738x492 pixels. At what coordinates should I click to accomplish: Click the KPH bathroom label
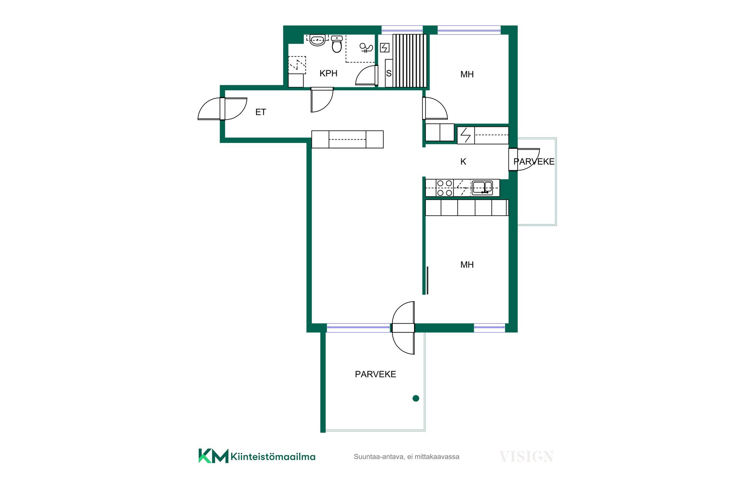(x=328, y=73)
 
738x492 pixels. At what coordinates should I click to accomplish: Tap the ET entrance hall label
(x=261, y=112)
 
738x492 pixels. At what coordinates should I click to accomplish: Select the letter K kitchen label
(x=463, y=162)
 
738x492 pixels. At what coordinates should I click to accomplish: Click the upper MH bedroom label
(x=467, y=75)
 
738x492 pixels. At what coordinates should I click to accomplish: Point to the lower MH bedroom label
(x=467, y=265)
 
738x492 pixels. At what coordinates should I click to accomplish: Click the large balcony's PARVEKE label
(x=376, y=374)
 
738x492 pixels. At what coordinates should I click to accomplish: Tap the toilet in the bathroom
(x=337, y=44)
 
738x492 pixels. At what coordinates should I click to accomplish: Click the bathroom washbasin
(x=317, y=40)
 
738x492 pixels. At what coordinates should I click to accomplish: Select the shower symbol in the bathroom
(x=366, y=48)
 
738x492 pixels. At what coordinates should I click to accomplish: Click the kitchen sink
(x=482, y=188)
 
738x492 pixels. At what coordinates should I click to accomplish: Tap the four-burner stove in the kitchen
(x=445, y=188)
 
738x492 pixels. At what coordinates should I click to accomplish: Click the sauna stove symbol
(x=385, y=48)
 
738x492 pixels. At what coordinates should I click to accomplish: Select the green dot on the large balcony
(x=416, y=398)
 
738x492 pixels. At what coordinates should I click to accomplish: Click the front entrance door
(x=222, y=109)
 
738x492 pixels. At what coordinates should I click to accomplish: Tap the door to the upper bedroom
(x=435, y=108)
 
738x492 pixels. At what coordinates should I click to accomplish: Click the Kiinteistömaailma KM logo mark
(x=213, y=456)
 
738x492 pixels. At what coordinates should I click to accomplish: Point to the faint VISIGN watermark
(x=527, y=457)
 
